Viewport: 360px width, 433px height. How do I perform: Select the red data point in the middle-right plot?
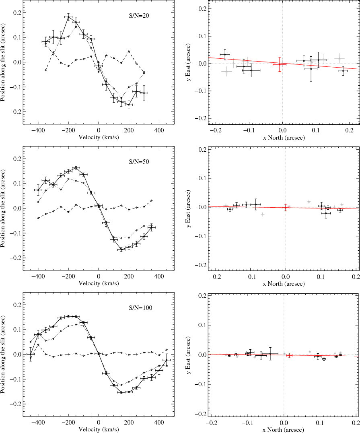[x=285, y=208]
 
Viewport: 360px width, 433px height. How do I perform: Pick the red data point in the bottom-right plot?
[x=289, y=355]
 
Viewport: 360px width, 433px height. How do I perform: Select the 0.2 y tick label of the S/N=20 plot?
[x=15, y=13]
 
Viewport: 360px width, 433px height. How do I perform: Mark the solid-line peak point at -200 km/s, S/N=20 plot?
[x=68, y=17]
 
